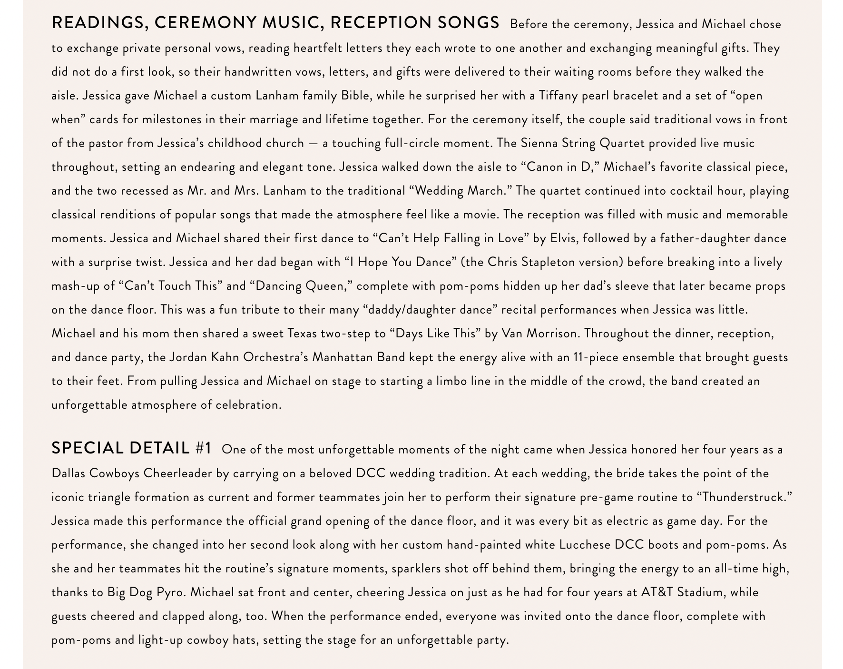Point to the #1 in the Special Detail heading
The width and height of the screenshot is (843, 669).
[203, 448]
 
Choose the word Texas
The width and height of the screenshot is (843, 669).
[303, 334]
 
